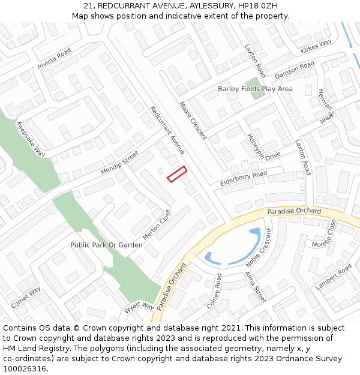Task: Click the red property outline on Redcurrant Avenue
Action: [176, 174]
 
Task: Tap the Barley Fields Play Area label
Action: [255, 89]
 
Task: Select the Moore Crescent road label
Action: [193, 120]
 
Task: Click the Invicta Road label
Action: [55, 58]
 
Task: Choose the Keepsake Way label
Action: [31, 139]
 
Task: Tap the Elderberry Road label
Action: [244, 178]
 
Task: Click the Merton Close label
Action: [157, 224]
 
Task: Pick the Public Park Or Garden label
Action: [107, 245]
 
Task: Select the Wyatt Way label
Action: [139, 307]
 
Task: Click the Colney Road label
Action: [214, 290]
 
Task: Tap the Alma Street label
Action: [254, 286]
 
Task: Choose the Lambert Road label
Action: [333, 278]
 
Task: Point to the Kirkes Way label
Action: [316, 46]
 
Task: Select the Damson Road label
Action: [295, 70]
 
